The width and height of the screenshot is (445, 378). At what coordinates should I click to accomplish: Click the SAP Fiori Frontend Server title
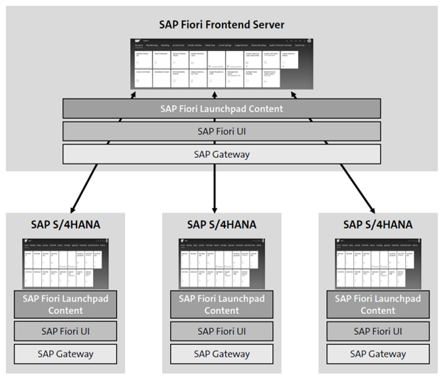pyautogui.click(x=222, y=25)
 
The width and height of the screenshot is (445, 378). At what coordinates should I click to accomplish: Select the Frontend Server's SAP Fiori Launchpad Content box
pyautogui.click(x=222, y=109)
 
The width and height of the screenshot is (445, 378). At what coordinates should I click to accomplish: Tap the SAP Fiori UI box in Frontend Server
pyautogui.click(x=222, y=131)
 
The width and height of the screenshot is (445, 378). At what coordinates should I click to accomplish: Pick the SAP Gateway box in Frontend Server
pyautogui.click(x=222, y=154)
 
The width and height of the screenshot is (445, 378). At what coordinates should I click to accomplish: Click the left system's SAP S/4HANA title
pyautogui.click(x=65, y=225)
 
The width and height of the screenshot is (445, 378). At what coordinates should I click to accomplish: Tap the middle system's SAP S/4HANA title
pyautogui.click(x=222, y=225)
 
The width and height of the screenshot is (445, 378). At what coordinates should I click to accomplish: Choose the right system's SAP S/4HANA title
pyautogui.click(x=378, y=225)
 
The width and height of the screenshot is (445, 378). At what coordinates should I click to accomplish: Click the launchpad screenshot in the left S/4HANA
pyautogui.click(x=65, y=263)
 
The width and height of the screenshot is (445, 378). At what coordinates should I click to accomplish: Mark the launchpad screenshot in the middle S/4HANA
pyautogui.click(x=222, y=263)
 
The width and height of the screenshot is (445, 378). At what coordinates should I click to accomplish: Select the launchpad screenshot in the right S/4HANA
pyautogui.click(x=378, y=263)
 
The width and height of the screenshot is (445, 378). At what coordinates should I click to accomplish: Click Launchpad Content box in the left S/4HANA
pyautogui.click(x=65, y=304)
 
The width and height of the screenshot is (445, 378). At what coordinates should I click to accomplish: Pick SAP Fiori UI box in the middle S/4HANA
pyautogui.click(x=222, y=331)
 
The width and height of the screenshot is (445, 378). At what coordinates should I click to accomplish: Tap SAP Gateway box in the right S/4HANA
pyautogui.click(x=378, y=354)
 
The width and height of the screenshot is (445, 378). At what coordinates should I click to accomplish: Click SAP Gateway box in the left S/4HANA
pyautogui.click(x=65, y=354)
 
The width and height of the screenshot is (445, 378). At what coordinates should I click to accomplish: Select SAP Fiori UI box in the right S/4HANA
pyautogui.click(x=378, y=331)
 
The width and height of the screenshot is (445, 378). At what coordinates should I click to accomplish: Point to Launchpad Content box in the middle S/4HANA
pyautogui.click(x=222, y=304)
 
